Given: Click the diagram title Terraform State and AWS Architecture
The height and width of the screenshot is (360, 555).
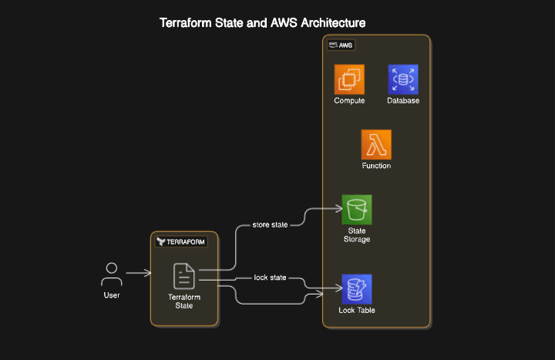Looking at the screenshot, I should tap(262, 23).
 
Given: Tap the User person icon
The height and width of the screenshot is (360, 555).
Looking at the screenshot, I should tap(112, 274).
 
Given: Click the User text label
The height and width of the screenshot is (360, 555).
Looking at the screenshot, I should tap(112, 295).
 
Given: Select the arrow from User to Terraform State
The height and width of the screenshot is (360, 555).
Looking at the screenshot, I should tap(138, 273).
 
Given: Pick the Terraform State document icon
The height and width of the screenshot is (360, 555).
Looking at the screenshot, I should tap(184, 276).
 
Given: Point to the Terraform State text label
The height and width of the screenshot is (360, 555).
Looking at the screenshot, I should tap(184, 301).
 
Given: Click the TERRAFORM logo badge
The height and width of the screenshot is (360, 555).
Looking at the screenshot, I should tap(181, 241).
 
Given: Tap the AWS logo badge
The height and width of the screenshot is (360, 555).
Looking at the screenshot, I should tap(341, 45).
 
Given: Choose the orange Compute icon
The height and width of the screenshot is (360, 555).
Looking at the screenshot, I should tap(349, 79).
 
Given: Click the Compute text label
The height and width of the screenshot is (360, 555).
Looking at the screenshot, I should tap(349, 101).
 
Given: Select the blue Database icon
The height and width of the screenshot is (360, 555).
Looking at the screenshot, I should tap(402, 79).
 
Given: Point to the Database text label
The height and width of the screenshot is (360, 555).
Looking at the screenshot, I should tap(402, 101).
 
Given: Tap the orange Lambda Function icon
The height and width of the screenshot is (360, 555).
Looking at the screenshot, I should tap(376, 144).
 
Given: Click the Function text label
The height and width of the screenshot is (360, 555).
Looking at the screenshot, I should tap(376, 166).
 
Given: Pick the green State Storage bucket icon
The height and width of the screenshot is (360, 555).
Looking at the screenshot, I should tap(357, 210).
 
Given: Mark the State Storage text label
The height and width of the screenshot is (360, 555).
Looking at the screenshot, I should tap(356, 235).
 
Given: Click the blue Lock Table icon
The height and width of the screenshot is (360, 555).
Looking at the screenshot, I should tap(357, 289).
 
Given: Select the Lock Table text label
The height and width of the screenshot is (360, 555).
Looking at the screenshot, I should tap(357, 311).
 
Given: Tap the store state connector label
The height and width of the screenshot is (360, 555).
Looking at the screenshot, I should tap(270, 225).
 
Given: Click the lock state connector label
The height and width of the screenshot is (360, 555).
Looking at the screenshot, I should tap(270, 277).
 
